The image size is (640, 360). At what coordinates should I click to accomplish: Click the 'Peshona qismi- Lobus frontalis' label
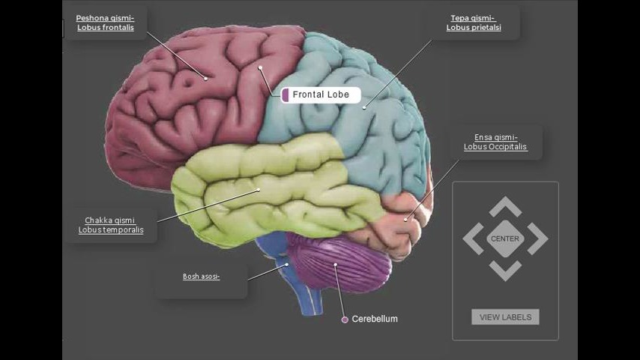[x=105, y=23]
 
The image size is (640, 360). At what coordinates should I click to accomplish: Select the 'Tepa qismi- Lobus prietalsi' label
[x=474, y=23]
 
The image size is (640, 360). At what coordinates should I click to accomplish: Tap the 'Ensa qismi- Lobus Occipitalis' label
[x=495, y=142]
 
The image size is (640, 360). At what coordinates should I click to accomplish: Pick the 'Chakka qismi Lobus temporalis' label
[x=111, y=225]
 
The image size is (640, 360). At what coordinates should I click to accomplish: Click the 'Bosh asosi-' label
[x=202, y=277]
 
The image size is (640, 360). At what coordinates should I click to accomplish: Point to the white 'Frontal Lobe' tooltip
[x=321, y=94]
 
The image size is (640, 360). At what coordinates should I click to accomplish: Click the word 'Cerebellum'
[x=375, y=319]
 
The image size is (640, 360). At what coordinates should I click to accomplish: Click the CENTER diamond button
[x=505, y=238]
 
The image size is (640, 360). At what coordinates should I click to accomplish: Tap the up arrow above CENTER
[x=505, y=206]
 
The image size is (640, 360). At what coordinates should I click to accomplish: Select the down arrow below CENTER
[x=505, y=271]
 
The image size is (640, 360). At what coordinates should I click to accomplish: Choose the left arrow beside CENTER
[x=473, y=238]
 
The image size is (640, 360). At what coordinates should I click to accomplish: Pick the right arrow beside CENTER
[x=537, y=238]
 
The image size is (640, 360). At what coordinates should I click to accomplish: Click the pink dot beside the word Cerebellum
[x=345, y=319]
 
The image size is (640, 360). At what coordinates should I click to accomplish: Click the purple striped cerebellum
[x=339, y=262]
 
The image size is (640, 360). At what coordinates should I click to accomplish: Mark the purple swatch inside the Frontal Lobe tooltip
[x=286, y=94]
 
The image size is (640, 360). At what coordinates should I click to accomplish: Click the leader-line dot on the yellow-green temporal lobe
[x=259, y=190]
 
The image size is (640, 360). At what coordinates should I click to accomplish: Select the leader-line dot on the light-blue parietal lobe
[x=364, y=108]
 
